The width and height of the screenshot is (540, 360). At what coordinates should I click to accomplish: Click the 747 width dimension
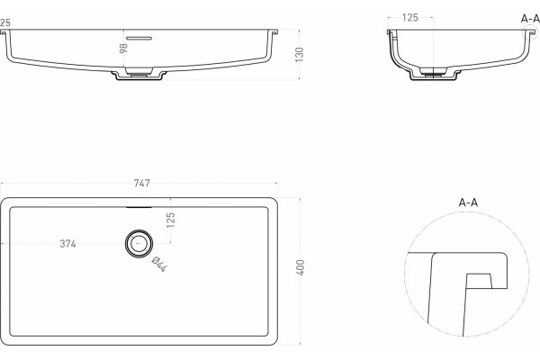[141, 183]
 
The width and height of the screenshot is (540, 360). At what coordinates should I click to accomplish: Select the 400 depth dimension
[301, 267]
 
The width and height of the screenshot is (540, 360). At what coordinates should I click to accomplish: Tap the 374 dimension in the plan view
[67, 244]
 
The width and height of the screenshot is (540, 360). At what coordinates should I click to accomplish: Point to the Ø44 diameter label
[159, 264]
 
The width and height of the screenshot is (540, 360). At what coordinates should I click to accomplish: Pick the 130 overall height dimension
[300, 54]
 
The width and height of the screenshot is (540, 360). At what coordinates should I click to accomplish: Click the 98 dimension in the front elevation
[123, 48]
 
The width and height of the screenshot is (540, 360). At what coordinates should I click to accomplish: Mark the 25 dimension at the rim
[5, 22]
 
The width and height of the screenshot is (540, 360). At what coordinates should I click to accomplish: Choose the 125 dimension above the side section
[409, 18]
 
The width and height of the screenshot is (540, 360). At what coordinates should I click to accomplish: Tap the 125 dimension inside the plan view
[170, 220]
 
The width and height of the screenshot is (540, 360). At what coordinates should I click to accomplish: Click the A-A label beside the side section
[530, 19]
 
